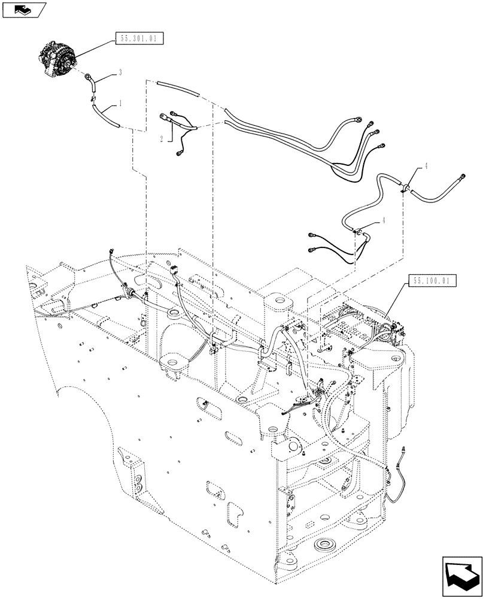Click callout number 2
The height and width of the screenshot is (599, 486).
pos(162,138)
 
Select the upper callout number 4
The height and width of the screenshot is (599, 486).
pos(426,168)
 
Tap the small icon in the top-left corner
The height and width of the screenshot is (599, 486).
pos(23,9)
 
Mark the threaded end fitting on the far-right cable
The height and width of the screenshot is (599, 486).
pos(463,175)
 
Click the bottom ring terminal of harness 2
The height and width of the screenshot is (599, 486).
pos(179,155)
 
